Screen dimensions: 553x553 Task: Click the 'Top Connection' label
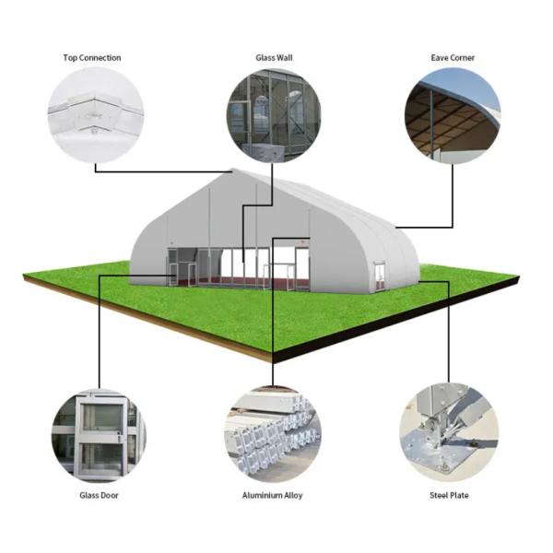tap(91, 58)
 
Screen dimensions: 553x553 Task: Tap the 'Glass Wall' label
tap(274, 58)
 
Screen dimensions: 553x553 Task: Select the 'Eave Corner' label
tap(453, 58)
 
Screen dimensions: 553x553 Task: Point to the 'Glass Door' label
tap(98, 495)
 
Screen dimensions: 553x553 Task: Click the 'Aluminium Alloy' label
tap(272, 495)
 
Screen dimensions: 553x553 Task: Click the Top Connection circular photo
tap(96, 115)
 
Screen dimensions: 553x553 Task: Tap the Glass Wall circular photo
tap(274, 115)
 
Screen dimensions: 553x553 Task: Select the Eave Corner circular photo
tap(453, 115)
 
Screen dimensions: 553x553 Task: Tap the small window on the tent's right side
tap(378, 272)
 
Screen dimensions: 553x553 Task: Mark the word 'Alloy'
tap(290, 495)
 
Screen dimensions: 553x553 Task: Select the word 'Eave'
tap(441, 58)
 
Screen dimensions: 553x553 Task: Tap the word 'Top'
tap(70, 58)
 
